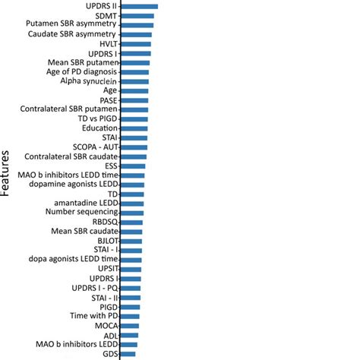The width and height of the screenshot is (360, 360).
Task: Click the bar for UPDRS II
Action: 139,6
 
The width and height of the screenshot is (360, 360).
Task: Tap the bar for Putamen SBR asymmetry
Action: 137,25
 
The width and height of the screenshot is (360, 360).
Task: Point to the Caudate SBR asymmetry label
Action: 72,35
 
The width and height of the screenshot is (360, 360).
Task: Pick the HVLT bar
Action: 136,44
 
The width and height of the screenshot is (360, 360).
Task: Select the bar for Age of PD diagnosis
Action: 134,72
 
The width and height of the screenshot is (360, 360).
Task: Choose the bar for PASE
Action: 134,100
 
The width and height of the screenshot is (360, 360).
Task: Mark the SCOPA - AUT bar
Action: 134,147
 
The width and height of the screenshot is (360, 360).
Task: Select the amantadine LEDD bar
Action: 132,204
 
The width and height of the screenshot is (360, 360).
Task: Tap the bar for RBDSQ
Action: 131,222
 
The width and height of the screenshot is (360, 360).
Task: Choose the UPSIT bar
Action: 131,269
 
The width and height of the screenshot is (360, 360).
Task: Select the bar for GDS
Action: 128,353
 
